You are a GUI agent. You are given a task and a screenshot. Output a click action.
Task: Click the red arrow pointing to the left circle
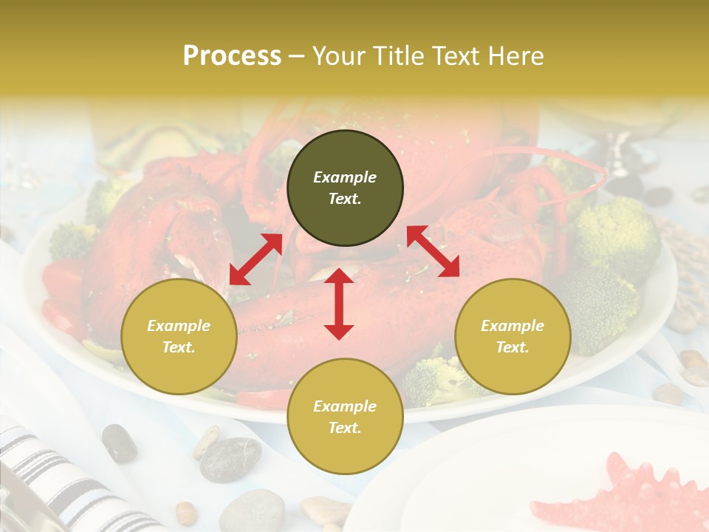(256, 259)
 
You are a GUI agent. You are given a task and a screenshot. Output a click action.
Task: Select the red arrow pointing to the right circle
(433, 251)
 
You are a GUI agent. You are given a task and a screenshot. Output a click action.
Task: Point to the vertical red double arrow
(339, 304)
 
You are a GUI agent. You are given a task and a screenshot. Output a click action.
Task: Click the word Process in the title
(232, 55)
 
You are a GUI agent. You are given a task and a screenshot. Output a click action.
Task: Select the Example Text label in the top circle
(345, 188)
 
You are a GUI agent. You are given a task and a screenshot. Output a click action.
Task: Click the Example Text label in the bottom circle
(345, 417)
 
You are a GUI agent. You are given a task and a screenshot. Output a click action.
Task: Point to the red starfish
(620, 495)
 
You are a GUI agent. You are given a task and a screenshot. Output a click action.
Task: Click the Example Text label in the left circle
(179, 336)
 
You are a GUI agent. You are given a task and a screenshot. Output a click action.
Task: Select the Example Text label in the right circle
(513, 336)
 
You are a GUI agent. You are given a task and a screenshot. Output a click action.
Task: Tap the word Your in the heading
(339, 55)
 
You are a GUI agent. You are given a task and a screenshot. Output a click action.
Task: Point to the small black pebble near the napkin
(119, 443)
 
